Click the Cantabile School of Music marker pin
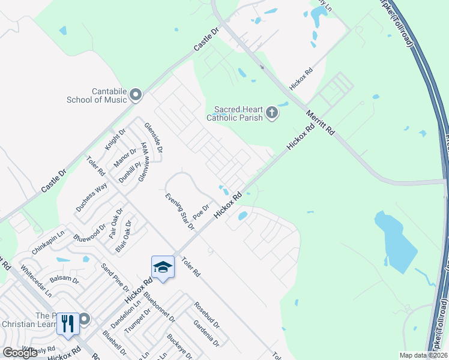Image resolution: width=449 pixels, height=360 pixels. (x=136, y=94)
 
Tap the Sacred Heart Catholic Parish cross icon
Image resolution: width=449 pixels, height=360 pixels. (x=272, y=112)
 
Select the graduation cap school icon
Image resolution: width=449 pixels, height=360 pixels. (x=163, y=267)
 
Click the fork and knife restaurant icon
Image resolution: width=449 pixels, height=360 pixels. (x=68, y=324)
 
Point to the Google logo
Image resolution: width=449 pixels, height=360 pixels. (x=20, y=353)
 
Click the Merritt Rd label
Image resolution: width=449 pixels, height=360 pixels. (x=319, y=122)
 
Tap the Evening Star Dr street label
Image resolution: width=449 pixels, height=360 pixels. (x=179, y=211)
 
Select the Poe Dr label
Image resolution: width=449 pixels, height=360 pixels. (x=200, y=212)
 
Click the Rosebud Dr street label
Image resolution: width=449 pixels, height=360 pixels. (x=206, y=314)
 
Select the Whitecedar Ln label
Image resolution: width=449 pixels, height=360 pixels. (x=35, y=281)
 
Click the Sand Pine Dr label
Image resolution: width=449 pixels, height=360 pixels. (x=115, y=277)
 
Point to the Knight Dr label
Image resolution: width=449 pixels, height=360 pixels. (x=115, y=139)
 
